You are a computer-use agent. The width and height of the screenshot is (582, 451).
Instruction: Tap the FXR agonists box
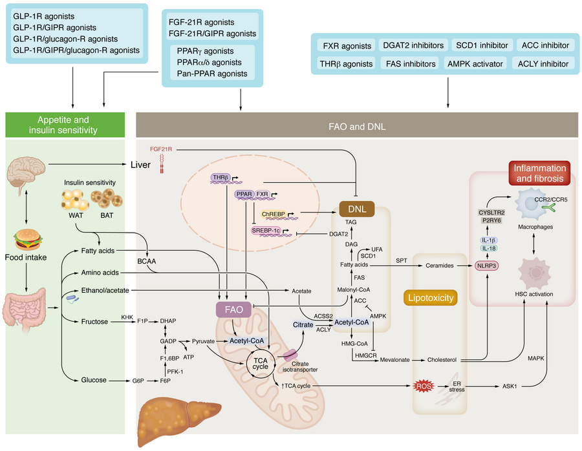coord(347,45)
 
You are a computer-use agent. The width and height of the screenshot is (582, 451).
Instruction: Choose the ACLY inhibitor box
coord(543,64)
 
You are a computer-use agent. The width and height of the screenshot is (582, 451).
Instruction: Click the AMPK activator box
coord(478,64)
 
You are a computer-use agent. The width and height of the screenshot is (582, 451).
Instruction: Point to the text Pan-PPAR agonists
coord(211,74)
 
